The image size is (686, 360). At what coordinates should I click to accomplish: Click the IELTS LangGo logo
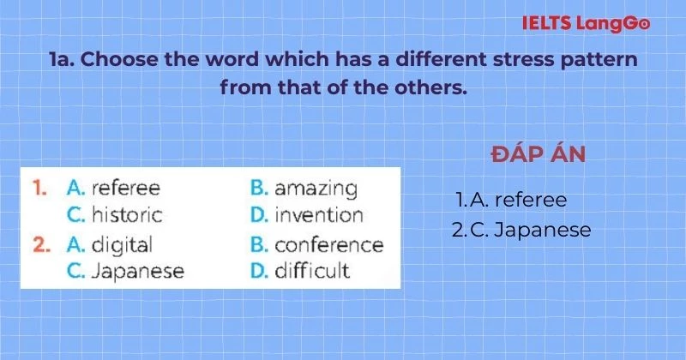(x=586, y=23)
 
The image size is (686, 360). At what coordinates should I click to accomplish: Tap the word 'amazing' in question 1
(x=316, y=189)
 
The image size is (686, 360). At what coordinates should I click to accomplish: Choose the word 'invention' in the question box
(x=318, y=215)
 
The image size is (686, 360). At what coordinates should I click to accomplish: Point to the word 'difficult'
(x=312, y=271)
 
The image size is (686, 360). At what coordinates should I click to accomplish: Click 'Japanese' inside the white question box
(x=136, y=271)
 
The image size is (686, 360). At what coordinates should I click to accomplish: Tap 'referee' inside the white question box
(x=125, y=188)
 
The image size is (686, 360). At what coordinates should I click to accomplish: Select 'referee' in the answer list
(x=531, y=200)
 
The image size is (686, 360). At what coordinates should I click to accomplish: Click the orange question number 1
(x=38, y=188)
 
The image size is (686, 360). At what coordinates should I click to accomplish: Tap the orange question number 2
(x=39, y=244)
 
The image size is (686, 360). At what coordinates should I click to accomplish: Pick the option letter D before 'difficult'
(x=259, y=271)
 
